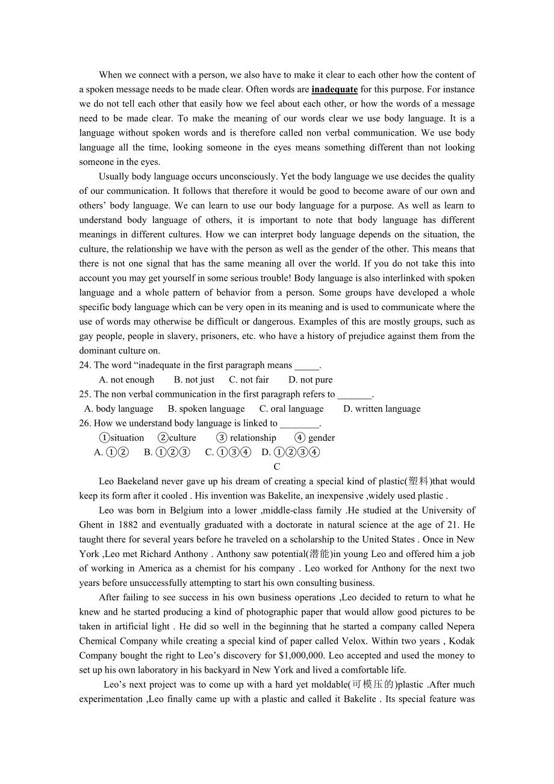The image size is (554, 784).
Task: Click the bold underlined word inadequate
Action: (334, 90)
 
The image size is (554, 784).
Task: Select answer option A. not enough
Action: (126, 380)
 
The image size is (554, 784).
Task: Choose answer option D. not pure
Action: (310, 380)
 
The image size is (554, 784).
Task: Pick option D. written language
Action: (382, 409)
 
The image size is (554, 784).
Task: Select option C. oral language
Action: (291, 409)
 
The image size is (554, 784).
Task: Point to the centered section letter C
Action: (277, 467)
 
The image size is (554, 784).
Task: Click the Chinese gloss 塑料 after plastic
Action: (418, 481)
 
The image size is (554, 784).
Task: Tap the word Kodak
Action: (461, 641)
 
